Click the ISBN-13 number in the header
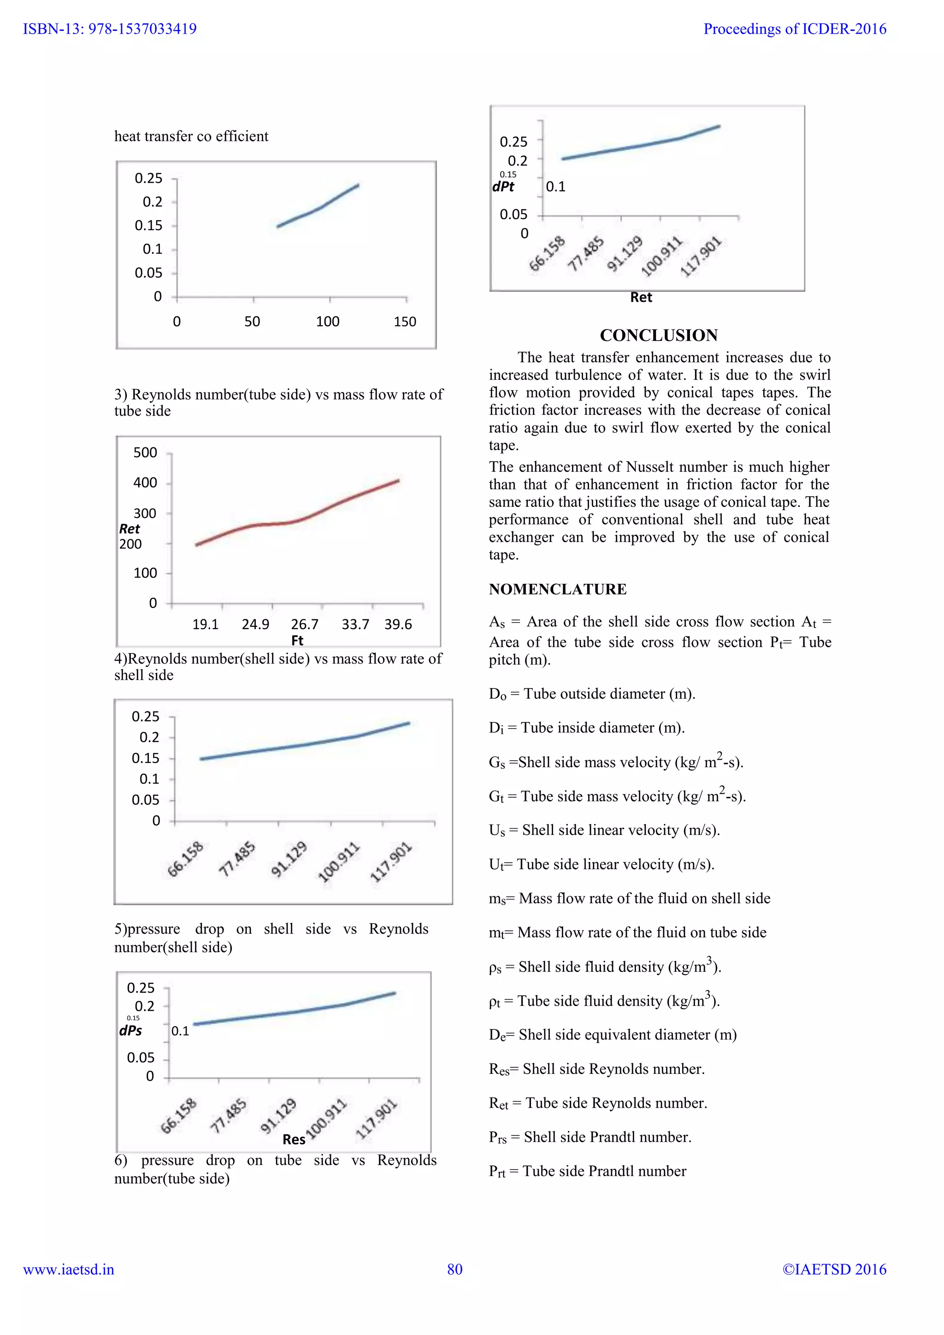pos(109,29)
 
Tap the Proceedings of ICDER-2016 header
pos(795,29)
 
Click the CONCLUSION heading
pos(658,335)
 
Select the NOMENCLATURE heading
pos(557,589)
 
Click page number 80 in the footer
pos(455,1269)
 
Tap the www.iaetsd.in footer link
pos(69,1269)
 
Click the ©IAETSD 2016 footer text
pos(834,1269)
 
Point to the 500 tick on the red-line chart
pos(145,453)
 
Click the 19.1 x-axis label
pos(205,624)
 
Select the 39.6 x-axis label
pos(398,624)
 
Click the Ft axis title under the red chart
pos(297,640)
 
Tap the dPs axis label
pos(130,1030)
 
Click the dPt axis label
pos(503,187)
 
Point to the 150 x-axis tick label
pos(405,322)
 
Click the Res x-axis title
pos(294,1140)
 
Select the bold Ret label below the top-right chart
pos(641,298)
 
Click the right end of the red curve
pos(398,480)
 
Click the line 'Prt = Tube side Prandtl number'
pos(587,1171)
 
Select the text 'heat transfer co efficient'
pos(191,136)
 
